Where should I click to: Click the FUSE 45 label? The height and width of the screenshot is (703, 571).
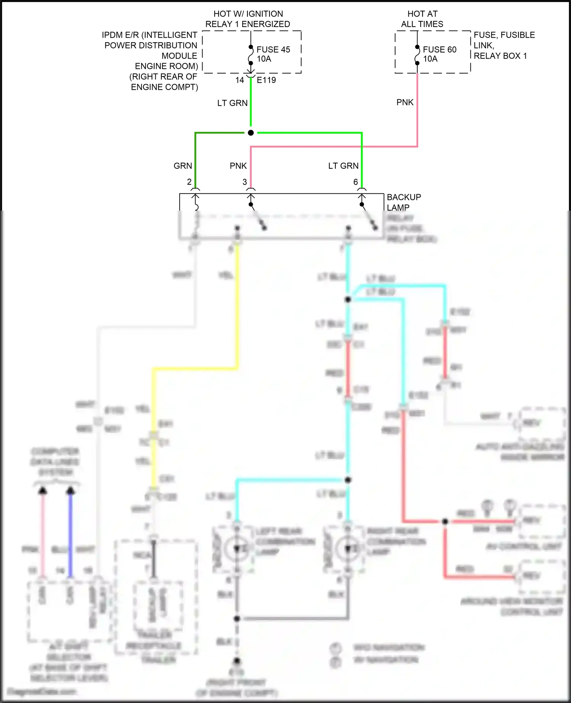[273, 50]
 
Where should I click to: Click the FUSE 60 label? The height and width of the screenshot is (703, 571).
[439, 50]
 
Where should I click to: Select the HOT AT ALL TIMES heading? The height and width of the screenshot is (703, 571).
[422, 19]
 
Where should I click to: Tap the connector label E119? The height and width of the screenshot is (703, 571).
[266, 80]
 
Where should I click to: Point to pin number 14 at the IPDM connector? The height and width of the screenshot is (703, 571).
[239, 80]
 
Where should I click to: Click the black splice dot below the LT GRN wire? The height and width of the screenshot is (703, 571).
[250, 133]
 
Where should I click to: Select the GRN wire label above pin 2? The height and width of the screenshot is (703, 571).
[183, 166]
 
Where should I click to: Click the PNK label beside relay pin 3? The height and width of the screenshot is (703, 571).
[238, 166]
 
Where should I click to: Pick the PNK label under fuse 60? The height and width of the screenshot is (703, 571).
[405, 102]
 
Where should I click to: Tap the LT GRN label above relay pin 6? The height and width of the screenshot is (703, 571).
[343, 166]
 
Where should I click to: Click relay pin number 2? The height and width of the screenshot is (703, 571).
[189, 182]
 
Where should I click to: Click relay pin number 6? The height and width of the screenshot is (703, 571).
[356, 182]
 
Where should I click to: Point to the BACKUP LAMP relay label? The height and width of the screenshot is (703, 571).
[404, 202]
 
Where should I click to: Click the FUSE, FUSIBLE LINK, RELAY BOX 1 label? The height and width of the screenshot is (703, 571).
[504, 45]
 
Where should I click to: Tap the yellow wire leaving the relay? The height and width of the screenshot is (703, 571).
[237, 305]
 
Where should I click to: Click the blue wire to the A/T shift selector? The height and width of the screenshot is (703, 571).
[70, 533]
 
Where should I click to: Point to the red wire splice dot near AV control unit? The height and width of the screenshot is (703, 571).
[445, 521]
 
